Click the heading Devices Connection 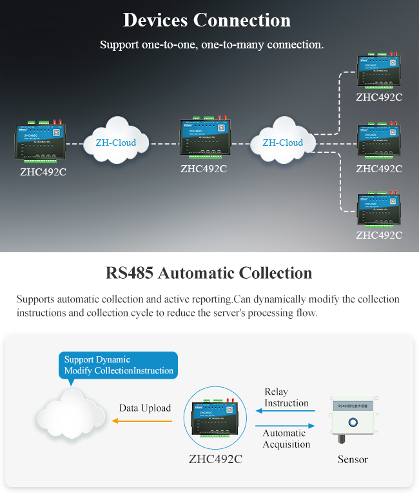(207, 20)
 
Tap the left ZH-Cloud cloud (116, 141)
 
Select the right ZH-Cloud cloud (283, 141)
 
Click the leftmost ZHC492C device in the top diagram (40, 143)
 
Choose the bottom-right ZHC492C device (379, 210)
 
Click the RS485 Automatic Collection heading (209, 273)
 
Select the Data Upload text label (145, 408)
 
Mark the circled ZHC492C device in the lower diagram (215, 419)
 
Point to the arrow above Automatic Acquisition (285, 426)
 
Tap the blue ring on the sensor (352, 423)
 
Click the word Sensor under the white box (353, 459)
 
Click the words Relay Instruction (286, 397)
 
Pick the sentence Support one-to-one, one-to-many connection (211, 45)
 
